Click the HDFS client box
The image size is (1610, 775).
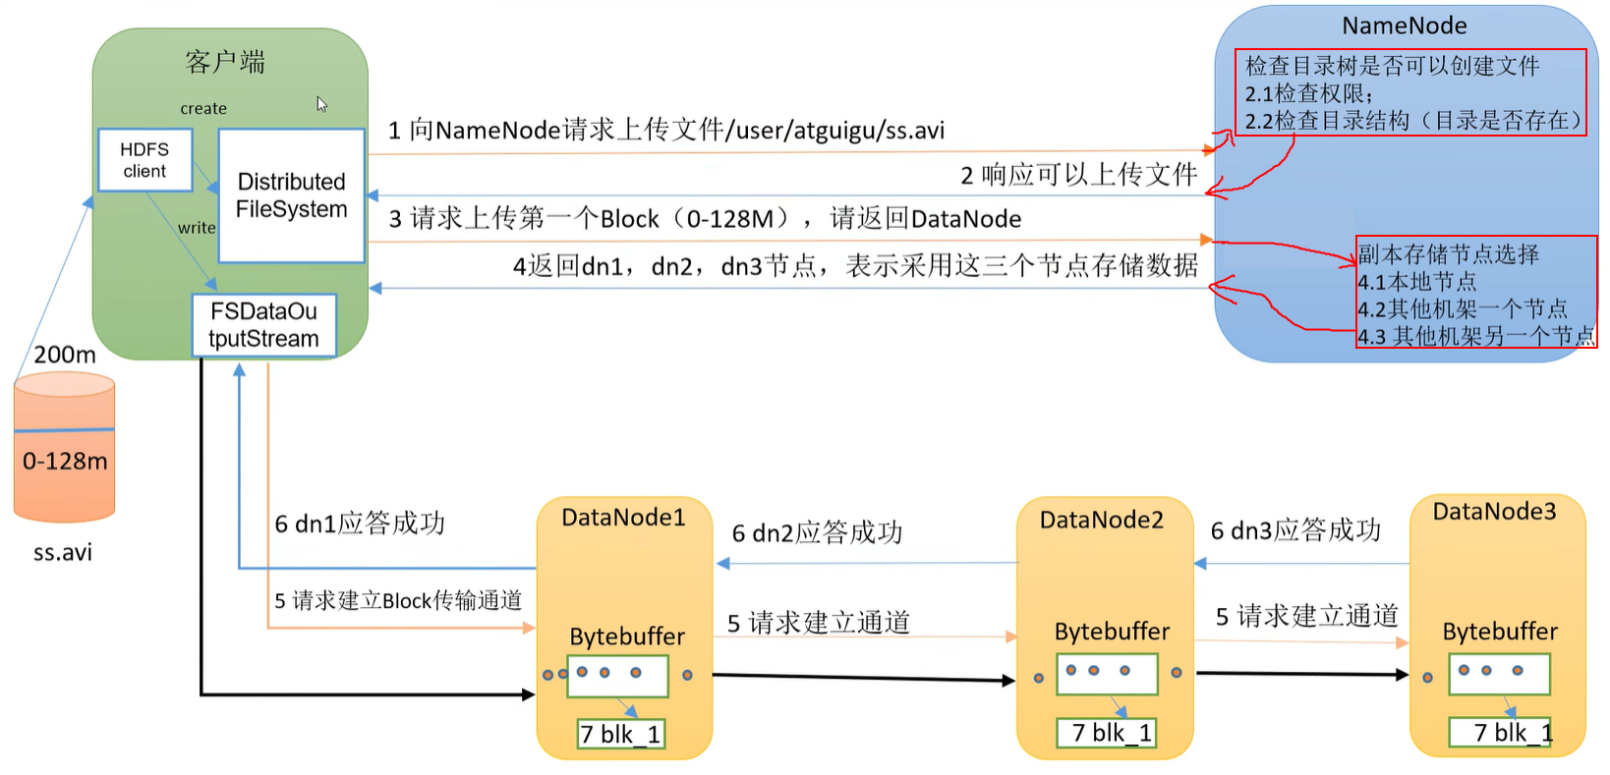pos(144,160)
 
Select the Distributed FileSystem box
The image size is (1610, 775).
pos(291,195)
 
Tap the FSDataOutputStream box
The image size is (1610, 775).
pos(263,325)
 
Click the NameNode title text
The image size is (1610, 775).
pos(1404,26)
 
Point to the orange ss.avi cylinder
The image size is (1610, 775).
pos(65,448)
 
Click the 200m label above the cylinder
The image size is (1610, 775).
pos(65,355)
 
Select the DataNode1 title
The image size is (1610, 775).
pos(623,517)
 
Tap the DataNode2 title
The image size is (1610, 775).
pos(1101,520)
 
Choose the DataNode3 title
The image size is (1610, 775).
pos(1494,511)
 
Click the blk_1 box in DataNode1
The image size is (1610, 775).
pos(620,734)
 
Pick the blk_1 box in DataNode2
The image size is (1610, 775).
pos(1106,733)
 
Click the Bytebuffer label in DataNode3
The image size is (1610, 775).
pos(1499,632)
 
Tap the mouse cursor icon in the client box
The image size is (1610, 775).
pos(321,104)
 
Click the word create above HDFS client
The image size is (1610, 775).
pos(203,108)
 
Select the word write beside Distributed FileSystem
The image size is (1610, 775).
pos(197,228)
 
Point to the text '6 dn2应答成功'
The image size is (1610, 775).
pos(817,533)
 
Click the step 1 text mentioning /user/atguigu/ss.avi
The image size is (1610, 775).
pos(666,130)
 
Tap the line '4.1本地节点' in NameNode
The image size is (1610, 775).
pos(1417,282)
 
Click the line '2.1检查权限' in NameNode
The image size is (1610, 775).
pos(1308,93)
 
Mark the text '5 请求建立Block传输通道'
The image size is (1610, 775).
pos(398,600)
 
